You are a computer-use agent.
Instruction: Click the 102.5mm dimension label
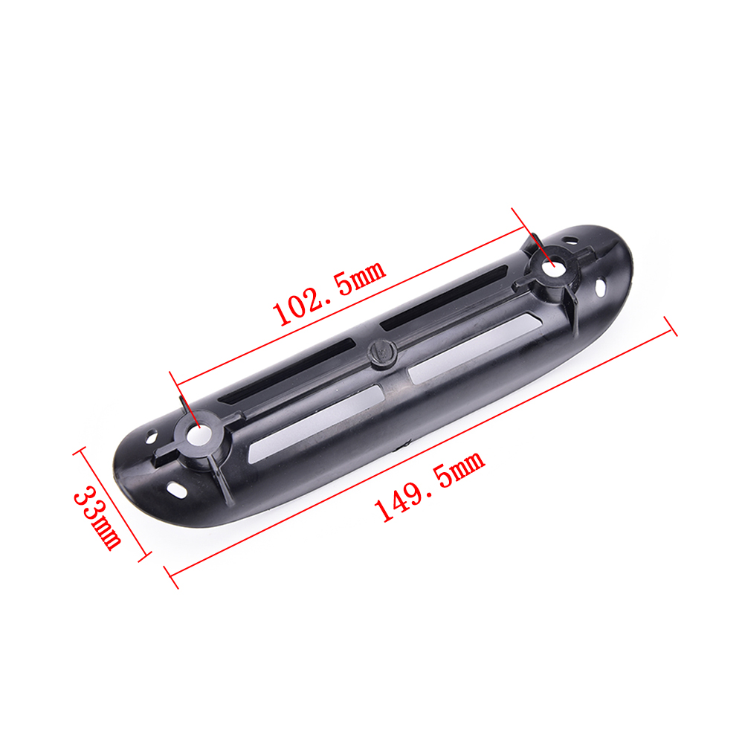[x=329, y=293]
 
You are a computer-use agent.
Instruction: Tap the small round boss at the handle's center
[x=382, y=351]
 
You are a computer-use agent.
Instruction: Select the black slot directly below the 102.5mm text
[x=444, y=299]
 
